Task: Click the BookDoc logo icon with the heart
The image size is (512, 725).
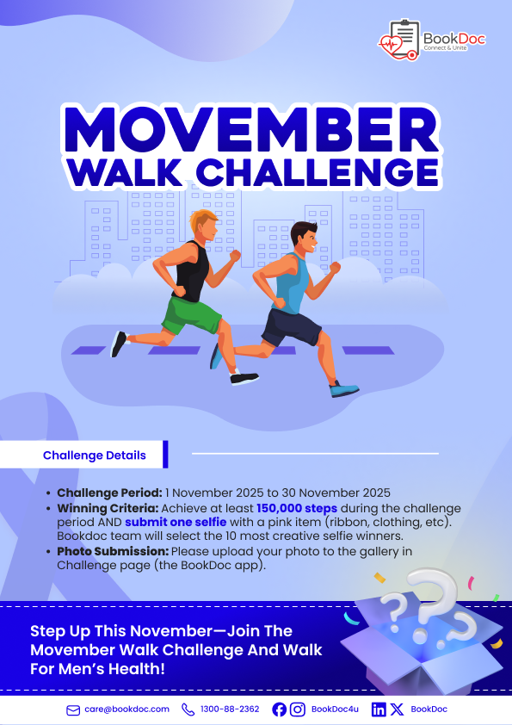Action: (x=398, y=40)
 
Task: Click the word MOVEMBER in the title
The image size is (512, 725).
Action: (x=252, y=130)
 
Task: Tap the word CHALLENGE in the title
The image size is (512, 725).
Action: (x=318, y=172)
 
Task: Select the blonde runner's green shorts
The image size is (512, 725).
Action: (x=191, y=314)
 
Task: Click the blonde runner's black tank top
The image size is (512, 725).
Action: (x=192, y=271)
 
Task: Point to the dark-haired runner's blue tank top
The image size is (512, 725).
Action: (x=291, y=283)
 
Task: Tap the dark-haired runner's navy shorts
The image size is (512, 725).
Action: (x=291, y=327)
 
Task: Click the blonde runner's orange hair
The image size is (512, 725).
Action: (x=202, y=220)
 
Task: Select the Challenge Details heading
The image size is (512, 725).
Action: (x=95, y=455)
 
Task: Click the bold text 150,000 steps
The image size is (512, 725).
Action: (x=297, y=508)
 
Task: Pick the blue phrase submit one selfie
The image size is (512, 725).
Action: (x=176, y=522)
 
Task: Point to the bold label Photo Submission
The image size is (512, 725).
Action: (x=113, y=551)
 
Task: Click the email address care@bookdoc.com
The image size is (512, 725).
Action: (x=126, y=710)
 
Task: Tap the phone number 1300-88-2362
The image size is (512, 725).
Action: (x=230, y=710)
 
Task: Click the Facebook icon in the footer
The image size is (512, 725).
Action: (x=279, y=710)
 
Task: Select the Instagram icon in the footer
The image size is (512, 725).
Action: (x=297, y=710)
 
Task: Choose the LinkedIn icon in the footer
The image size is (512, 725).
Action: (x=379, y=710)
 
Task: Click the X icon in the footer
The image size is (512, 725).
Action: (x=397, y=710)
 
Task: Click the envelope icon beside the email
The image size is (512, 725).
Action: (x=73, y=710)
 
